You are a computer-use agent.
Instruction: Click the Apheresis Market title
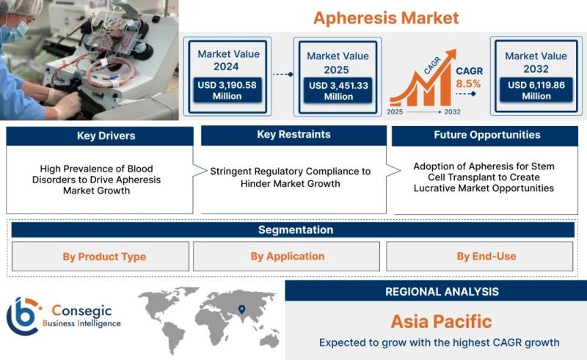[x=386, y=18]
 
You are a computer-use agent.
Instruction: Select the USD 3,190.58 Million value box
[x=227, y=90]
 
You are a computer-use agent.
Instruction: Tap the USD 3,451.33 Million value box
[x=338, y=91]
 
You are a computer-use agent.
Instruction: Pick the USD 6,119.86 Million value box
[x=536, y=90]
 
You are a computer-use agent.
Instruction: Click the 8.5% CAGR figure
[x=468, y=84]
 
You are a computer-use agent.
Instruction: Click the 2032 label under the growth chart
[x=452, y=111]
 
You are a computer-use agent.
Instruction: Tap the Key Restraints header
[x=294, y=135]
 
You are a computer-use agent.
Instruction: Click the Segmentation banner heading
[x=296, y=229]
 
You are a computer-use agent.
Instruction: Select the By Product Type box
[x=101, y=257]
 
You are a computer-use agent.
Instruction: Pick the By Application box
[x=286, y=257]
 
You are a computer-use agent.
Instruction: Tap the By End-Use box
[x=480, y=257]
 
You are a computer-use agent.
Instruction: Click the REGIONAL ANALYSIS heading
[x=442, y=292]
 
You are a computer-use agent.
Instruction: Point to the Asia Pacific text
[x=442, y=321]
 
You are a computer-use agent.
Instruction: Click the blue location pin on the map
[x=242, y=309]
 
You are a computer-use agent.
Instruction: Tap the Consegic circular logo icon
[x=23, y=316]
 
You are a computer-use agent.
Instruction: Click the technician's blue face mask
[x=14, y=32]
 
